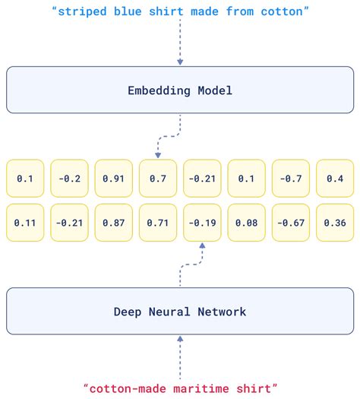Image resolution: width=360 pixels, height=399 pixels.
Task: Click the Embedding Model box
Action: point(180,90)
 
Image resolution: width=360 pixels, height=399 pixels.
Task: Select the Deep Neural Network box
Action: point(180,312)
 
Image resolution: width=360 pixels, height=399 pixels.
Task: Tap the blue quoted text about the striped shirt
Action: point(180,12)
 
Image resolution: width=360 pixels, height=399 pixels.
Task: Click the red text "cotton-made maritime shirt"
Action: point(180,388)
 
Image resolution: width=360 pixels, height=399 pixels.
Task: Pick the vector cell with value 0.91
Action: point(114,179)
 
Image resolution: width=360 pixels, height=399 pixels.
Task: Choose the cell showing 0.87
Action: point(114,224)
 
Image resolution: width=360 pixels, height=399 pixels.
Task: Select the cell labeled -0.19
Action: point(203,224)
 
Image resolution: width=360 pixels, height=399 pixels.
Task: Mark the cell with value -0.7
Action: point(291,179)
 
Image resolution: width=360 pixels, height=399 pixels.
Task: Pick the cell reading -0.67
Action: point(291,224)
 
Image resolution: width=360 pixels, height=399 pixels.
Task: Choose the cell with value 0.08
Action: point(247,224)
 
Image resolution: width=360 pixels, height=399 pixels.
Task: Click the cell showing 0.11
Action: point(25,224)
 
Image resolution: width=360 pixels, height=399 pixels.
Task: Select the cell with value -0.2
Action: point(70,179)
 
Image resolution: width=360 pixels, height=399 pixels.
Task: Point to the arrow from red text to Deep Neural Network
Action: point(180,353)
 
